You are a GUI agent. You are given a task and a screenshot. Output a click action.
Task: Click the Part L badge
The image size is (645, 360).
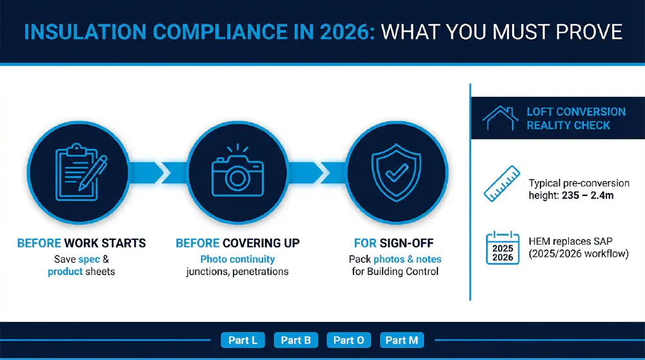pos(243,340)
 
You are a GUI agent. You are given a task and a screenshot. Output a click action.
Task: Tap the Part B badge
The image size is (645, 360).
pos(296,340)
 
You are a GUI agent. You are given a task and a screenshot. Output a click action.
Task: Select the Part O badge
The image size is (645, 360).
pos(349,340)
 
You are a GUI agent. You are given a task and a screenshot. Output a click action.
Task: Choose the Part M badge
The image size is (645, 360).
pos(402,340)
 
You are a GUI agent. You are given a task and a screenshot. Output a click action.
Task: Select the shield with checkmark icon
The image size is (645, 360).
pos(396,172)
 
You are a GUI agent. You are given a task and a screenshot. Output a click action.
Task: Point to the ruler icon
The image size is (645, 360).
pos(502,183)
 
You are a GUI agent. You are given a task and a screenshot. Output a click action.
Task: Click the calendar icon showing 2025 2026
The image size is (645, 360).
pos(502,248)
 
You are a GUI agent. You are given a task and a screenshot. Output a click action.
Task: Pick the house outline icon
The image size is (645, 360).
pos(501,118)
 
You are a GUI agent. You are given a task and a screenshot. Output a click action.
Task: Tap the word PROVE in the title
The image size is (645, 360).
pos(589,32)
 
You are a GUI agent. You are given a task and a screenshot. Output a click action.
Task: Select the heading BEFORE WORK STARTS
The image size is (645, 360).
pos(81,243)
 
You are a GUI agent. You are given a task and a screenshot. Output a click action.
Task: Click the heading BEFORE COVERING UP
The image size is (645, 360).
pos(237,243)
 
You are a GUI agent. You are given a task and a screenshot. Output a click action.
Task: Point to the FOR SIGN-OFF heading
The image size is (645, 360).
pos(393,243)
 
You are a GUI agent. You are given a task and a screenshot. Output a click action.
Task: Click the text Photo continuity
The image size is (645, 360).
pos(237,259)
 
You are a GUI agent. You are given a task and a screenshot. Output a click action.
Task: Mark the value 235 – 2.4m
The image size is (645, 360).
pos(588,195)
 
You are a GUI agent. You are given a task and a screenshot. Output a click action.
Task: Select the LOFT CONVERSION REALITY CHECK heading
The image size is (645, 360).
pos(576,119)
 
